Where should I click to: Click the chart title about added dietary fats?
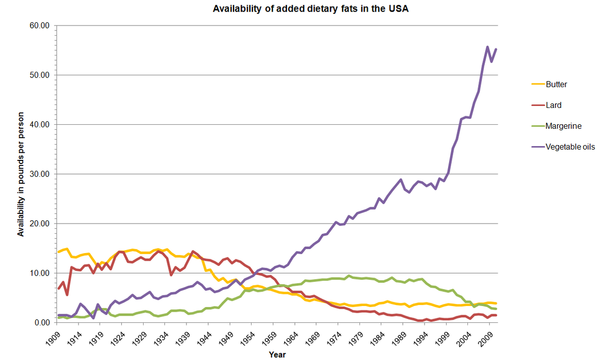tap(311, 9)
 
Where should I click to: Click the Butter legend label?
tap(557, 85)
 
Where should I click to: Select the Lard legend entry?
tap(553, 105)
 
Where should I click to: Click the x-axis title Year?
tap(277, 354)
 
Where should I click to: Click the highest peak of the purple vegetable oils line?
tap(487, 47)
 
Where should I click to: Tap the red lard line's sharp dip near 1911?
tap(67, 295)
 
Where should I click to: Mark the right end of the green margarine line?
tap(496, 309)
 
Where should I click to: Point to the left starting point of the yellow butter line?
tap(59, 252)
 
